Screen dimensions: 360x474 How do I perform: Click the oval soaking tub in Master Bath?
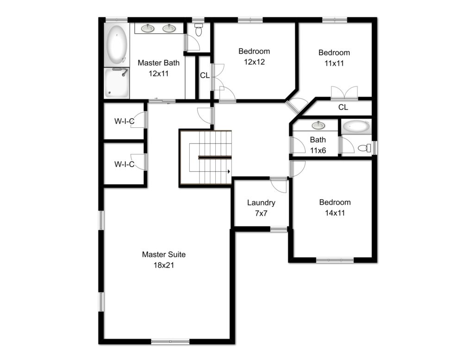click(116, 45)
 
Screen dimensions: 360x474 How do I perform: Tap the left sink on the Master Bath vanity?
click(148, 29)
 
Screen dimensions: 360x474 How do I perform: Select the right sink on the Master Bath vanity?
click(169, 29)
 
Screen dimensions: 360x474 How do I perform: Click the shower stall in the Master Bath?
click(116, 83)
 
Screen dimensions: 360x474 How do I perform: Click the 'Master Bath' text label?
click(159, 63)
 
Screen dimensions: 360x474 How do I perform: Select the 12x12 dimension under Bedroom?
click(254, 62)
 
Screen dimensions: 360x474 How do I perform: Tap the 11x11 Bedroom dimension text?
click(334, 63)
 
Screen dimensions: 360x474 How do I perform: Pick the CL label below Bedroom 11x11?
click(343, 107)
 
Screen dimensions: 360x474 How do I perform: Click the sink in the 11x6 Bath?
click(318, 125)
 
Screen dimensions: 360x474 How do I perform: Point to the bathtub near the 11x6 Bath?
click(356, 126)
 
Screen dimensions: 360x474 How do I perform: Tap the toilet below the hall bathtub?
click(364, 149)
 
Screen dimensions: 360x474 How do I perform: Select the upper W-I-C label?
click(125, 122)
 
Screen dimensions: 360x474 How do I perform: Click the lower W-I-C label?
click(125, 164)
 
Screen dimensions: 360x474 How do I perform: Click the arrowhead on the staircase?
click(228, 172)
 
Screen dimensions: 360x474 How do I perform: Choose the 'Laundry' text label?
click(261, 203)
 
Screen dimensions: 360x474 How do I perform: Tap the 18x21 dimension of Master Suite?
click(164, 266)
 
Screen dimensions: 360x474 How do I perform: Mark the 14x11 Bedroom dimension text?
click(335, 213)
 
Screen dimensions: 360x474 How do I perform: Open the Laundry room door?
click(279, 185)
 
